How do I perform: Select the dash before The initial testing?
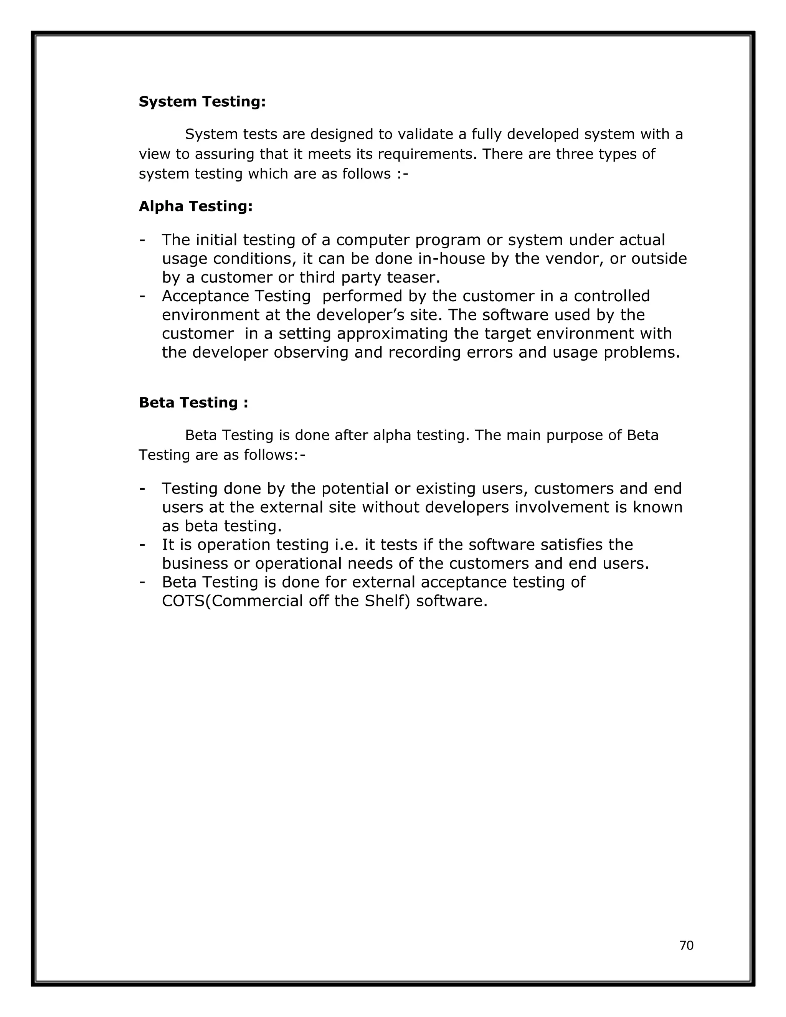click(x=142, y=240)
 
